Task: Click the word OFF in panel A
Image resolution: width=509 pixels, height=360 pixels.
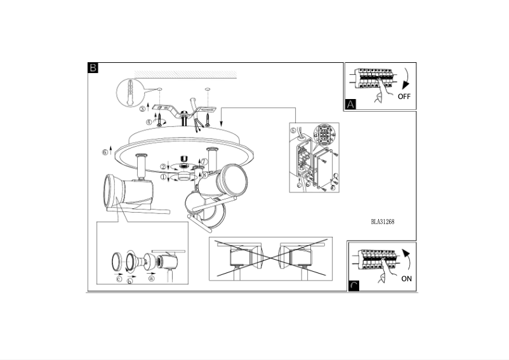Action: tap(404, 97)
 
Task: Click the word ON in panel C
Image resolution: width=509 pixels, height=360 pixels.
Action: tap(406, 278)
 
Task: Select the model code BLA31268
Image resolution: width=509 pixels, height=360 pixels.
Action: tap(384, 222)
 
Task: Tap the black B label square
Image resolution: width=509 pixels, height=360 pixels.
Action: tap(93, 68)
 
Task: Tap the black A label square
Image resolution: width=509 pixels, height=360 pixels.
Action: tap(350, 105)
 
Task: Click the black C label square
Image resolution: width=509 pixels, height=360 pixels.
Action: tap(354, 286)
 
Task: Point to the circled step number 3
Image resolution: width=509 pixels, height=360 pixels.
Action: tap(142, 109)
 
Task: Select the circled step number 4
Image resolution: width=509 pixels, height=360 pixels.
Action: tap(149, 122)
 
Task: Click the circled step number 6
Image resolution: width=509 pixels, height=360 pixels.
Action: tap(105, 152)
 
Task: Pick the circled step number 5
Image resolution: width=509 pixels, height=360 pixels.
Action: tap(293, 132)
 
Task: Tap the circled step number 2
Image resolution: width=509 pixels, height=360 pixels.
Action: tap(164, 166)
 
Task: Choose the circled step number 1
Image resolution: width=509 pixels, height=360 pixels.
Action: tap(164, 178)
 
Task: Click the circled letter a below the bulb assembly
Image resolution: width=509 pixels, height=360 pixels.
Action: tap(151, 277)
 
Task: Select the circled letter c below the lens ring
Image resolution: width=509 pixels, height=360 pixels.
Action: tap(119, 277)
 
